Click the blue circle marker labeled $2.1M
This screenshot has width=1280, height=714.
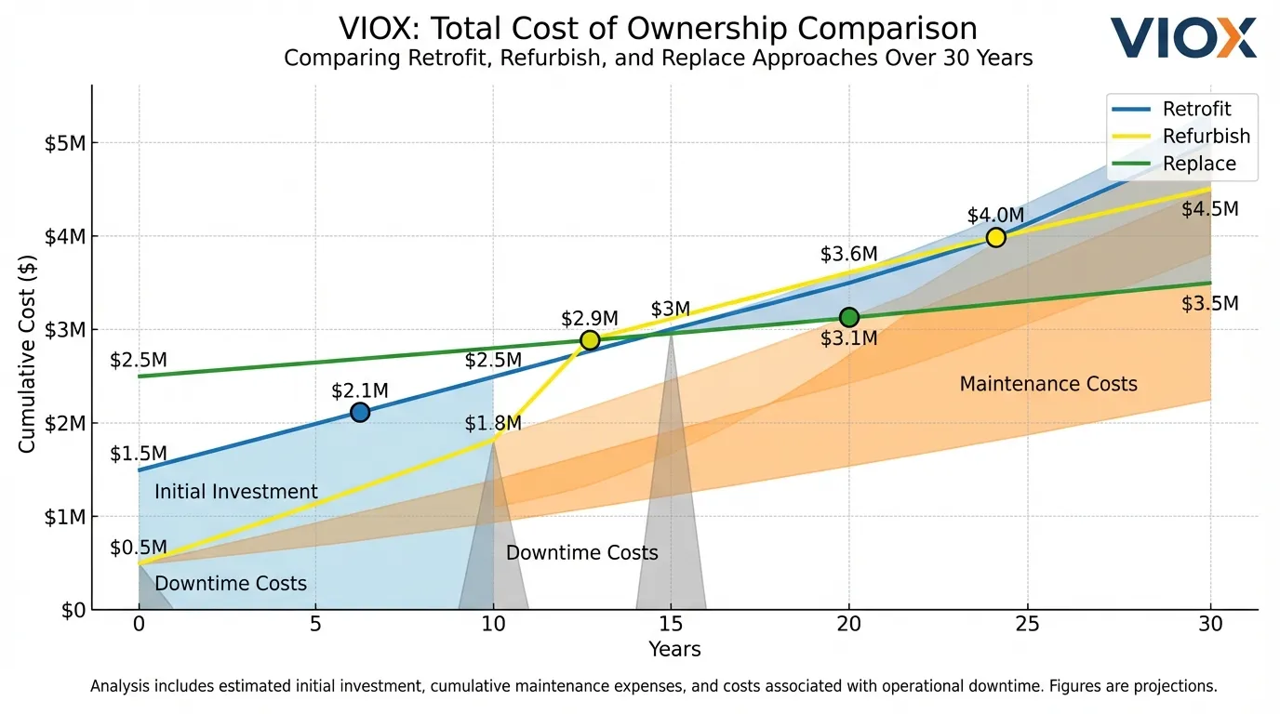pyautogui.click(x=360, y=412)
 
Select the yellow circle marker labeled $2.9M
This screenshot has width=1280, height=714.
pyautogui.click(x=590, y=340)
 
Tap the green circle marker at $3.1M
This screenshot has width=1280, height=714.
pyautogui.click(x=848, y=318)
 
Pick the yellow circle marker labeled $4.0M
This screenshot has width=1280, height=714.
pyautogui.click(x=995, y=237)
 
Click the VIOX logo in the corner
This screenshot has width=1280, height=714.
pyautogui.click(x=1183, y=38)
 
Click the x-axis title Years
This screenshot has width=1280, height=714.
pyautogui.click(x=674, y=649)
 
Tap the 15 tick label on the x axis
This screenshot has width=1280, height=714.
pyautogui.click(x=671, y=626)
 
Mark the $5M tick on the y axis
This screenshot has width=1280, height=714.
pyautogui.click(x=65, y=143)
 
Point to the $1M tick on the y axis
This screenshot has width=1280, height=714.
pyautogui.click(x=65, y=517)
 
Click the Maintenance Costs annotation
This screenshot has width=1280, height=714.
pyautogui.click(x=1047, y=384)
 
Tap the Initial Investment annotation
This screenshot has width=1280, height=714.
pyautogui.click(x=235, y=492)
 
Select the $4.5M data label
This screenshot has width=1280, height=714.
pyautogui.click(x=1209, y=209)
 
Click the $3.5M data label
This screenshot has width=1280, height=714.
pyautogui.click(x=1209, y=304)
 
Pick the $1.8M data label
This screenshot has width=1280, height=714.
pyautogui.click(x=493, y=424)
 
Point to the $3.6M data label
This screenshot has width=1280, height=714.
pyautogui.click(x=848, y=254)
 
